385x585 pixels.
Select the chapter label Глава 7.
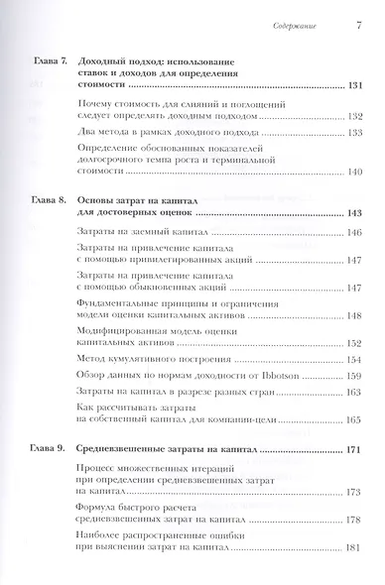click(x=43, y=62)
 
